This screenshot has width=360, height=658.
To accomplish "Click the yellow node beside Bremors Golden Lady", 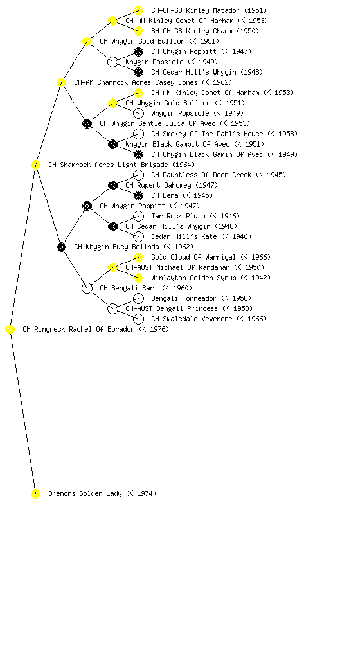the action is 35,493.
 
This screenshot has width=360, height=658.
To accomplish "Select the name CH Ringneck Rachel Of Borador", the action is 78,329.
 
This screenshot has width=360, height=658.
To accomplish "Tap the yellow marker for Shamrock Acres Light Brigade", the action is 35,164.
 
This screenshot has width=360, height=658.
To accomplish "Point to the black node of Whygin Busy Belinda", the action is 61,247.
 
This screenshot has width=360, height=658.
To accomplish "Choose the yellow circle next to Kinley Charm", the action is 138,31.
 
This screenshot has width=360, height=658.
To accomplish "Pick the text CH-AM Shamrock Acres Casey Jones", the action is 136,82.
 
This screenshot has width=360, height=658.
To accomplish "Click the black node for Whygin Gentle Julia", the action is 87,123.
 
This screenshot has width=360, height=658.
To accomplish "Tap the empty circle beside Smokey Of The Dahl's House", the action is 138,134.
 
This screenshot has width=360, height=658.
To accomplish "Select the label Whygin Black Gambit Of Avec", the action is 177,144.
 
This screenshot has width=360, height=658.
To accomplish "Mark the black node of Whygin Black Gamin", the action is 138,154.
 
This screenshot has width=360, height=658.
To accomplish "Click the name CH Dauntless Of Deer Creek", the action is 201,175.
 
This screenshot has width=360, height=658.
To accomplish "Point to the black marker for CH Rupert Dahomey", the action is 113,185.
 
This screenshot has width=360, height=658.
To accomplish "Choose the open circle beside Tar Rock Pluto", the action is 138,216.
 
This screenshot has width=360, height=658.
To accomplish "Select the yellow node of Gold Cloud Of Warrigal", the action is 138,257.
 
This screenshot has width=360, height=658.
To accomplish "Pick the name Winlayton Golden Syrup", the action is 194,278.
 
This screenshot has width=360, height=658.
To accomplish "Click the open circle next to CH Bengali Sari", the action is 87,288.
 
